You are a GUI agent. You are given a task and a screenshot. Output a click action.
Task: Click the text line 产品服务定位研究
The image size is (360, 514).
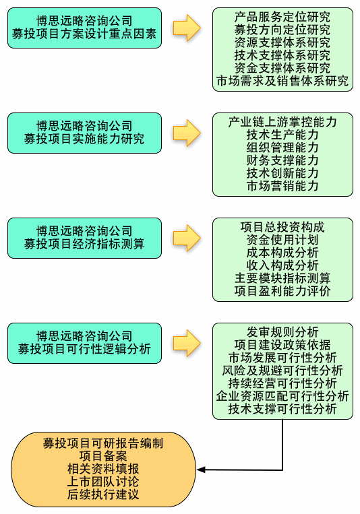pyautogui.click(x=282, y=17)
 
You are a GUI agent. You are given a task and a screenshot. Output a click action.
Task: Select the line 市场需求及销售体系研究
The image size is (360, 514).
pyautogui.click(x=282, y=81)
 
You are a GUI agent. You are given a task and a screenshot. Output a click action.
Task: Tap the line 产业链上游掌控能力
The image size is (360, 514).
pyautogui.click(x=282, y=122)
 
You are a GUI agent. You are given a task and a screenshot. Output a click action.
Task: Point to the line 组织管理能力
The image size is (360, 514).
pyautogui.click(x=282, y=148)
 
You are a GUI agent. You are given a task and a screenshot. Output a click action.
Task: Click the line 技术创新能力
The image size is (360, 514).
pyautogui.click(x=282, y=173)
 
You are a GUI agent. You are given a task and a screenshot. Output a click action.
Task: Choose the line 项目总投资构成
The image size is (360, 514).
pyautogui.click(x=282, y=227)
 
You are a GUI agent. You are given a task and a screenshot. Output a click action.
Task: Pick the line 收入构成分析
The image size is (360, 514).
pyautogui.click(x=282, y=265)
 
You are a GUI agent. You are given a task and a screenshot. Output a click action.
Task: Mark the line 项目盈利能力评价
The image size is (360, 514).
pyautogui.click(x=282, y=291)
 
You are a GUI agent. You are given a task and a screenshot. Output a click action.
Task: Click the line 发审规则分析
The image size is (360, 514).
pyautogui.click(x=282, y=332)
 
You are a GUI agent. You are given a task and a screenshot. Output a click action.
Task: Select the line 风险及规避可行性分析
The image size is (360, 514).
pyautogui.click(x=282, y=371)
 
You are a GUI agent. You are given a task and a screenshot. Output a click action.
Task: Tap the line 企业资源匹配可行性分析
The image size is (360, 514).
pyautogui.click(x=282, y=396)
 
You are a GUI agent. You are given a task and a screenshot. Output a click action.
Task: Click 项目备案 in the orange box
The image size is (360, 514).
pyautogui.click(x=103, y=456)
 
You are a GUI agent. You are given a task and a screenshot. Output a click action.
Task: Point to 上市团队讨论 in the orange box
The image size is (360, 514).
pyautogui.click(x=103, y=482)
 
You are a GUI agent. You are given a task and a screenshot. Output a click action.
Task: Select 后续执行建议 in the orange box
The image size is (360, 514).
pyautogui.click(x=103, y=494)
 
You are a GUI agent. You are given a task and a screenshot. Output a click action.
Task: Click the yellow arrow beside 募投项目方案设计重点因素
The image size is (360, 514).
pyautogui.click(x=187, y=28)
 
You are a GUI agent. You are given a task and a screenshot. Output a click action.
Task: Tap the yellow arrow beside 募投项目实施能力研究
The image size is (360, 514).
pyautogui.click(x=187, y=133)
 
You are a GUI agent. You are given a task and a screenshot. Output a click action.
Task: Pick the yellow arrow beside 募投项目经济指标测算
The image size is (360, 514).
pyautogui.click(x=187, y=238)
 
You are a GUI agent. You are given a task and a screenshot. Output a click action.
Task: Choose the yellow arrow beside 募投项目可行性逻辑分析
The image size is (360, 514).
pyautogui.click(x=187, y=343)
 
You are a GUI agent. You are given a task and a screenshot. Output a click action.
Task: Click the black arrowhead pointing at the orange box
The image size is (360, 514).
pyautogui.click(x=201, y=470)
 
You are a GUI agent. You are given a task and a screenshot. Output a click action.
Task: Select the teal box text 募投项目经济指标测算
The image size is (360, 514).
pyautogui.click(x=84, y=244)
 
